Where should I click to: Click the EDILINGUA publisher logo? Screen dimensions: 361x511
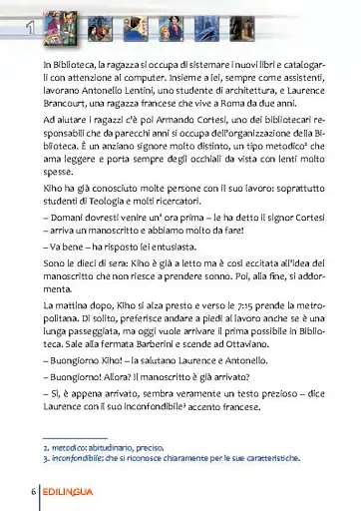pyautogui.click(x=76, y=493)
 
